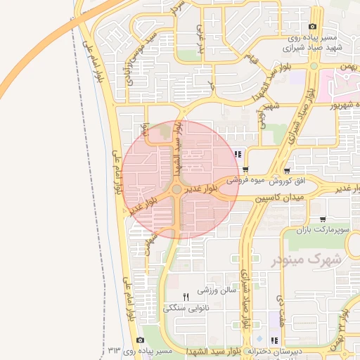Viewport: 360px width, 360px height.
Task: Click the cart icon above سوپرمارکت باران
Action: (x=322, y=219)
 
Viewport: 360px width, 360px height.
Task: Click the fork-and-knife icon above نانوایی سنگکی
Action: (x=186, y=297)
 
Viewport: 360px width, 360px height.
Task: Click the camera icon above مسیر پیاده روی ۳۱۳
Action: (x=140, y=340)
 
